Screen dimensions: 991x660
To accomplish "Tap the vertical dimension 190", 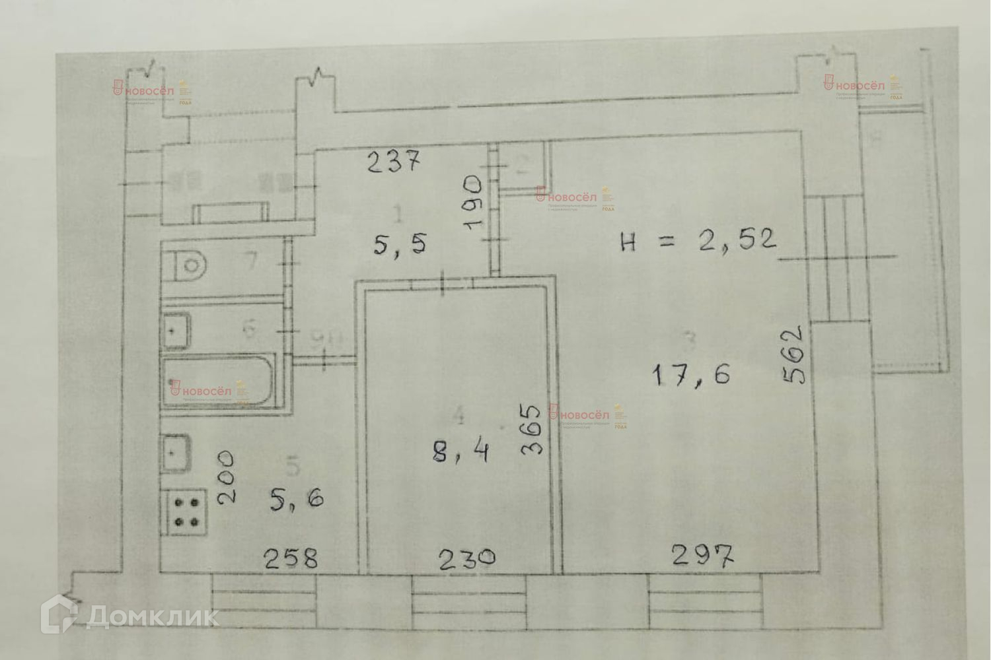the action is (x=474, y=202).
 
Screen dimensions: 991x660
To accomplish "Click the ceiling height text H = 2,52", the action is (x=698, y=241).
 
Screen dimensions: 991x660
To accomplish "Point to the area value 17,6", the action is (x=690, y=375).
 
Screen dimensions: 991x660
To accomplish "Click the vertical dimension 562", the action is (x=793, y=354).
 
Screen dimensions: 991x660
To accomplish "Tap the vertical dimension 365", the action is (x=532, y=429).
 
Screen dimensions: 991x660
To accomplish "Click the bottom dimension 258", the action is (x=291, y=559).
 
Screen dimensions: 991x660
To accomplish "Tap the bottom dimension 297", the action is (x=702, y=556).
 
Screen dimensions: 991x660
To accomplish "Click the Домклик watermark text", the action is (x=152, y=617).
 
